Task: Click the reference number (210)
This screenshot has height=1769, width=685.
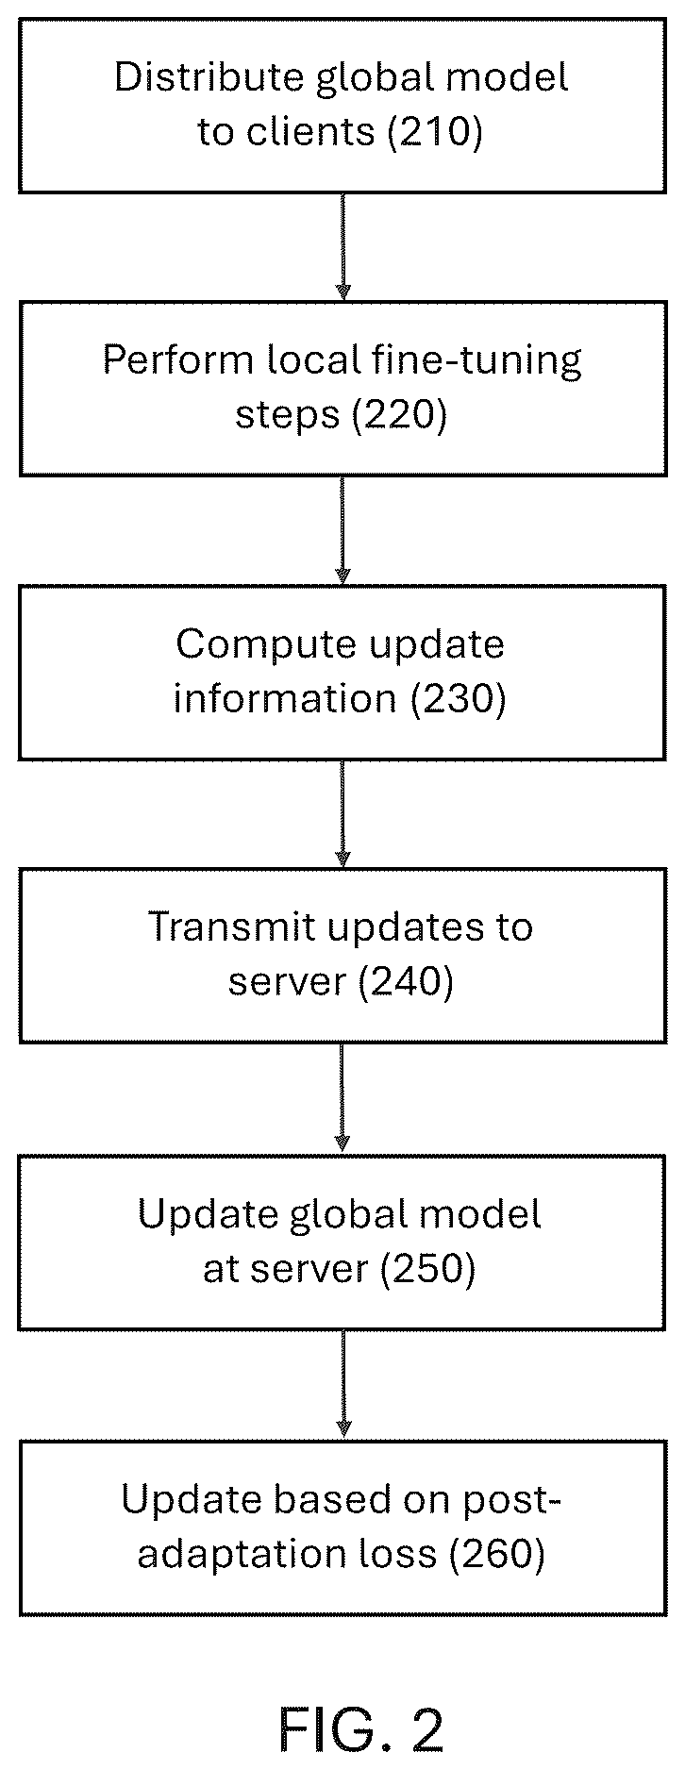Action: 435,132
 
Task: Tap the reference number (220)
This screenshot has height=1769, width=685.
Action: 399,415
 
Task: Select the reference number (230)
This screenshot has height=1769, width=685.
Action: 459,698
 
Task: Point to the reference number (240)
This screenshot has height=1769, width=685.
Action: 406,982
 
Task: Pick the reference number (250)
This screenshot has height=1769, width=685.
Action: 427,1269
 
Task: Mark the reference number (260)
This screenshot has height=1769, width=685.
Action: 497,1553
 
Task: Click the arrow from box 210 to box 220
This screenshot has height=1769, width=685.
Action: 343,247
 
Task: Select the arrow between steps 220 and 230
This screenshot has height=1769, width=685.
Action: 343,530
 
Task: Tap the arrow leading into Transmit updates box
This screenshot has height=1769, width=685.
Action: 343,814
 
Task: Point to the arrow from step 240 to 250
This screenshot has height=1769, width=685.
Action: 343,1099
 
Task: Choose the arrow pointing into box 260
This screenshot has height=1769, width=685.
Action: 343,1385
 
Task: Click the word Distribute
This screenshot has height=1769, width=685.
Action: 209,76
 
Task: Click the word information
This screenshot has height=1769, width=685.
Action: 285,698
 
